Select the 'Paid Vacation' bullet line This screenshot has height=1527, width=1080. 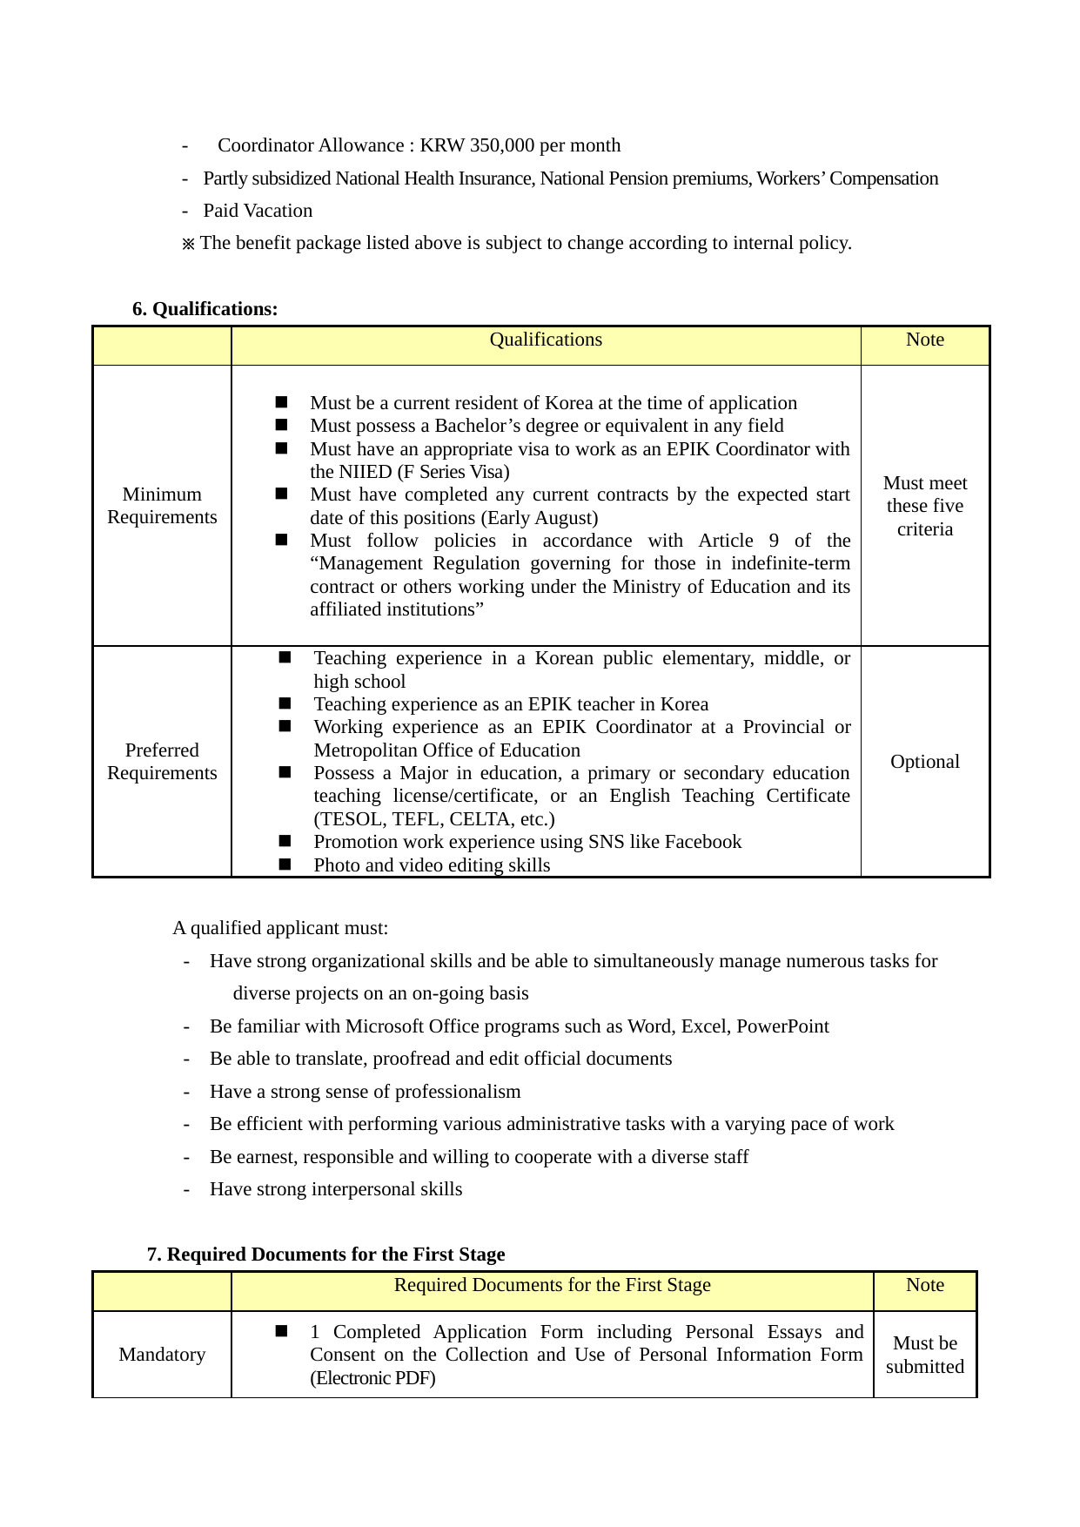click(x=258, y=211)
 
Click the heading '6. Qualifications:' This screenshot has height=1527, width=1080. click(x=205, y=309)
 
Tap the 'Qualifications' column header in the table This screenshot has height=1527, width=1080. click(x=546, y=340)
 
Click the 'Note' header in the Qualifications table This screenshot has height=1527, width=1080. click(x=924, y=340)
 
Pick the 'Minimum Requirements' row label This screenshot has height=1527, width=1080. click(x=162, y=506)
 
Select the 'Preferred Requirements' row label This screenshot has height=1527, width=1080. click(x=162, y=762)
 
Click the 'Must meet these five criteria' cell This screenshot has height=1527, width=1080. click(x=925, y=506)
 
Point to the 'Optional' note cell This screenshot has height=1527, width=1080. click(x=925, y=762)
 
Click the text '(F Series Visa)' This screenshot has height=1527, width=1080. click(x=453, y=472)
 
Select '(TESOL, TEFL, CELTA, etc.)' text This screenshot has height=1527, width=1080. click(x=434, y=819)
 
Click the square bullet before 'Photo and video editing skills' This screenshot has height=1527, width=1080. click(x=285, y=864)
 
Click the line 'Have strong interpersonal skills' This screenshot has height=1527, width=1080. click(x=336, y=1189)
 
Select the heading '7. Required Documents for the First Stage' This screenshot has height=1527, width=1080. click(x=326, y=1255)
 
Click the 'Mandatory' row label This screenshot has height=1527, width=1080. click(x=162, y=1355)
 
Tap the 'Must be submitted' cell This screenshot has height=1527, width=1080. click(x=925, y=1355)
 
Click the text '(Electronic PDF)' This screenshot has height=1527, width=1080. click(x=372, y=1378)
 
